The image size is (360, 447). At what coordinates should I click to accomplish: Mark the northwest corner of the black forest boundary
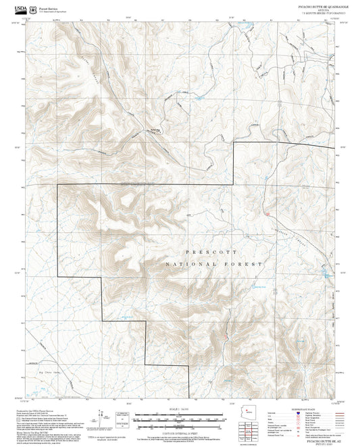pyautogui.click(x=57, y=185)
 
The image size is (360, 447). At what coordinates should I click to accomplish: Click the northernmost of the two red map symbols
pyautogui.click(x=268, y=214)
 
